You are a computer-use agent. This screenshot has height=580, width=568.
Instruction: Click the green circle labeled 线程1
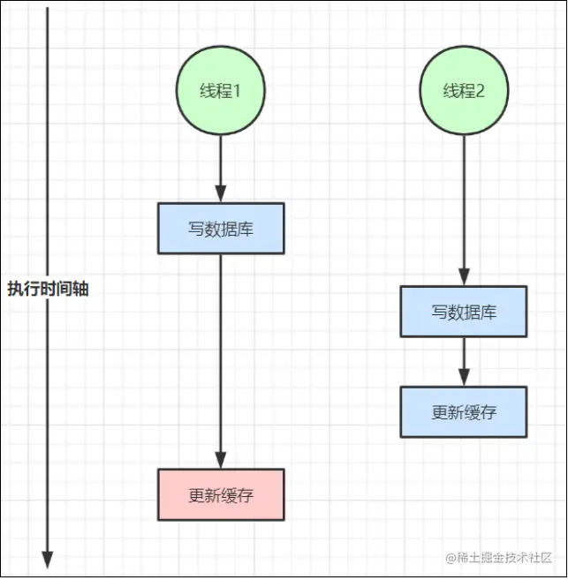221,91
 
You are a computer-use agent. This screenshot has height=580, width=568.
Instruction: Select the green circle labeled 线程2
464,91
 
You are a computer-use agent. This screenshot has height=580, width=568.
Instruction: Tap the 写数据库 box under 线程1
221,229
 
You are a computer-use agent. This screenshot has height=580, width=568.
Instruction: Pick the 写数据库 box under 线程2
464,312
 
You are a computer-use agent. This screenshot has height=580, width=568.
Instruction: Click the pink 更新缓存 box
221,494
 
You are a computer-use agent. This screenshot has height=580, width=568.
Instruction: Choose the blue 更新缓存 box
464,411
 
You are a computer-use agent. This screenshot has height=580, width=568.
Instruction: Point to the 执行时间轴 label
48,290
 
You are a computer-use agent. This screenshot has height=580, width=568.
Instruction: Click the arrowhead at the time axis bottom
48,560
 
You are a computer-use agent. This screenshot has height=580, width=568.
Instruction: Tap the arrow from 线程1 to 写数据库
221,168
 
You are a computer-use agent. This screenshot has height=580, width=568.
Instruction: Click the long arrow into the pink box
221,362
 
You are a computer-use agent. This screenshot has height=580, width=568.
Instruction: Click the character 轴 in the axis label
80,290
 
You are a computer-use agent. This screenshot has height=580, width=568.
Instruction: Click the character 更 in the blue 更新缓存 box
439,411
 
